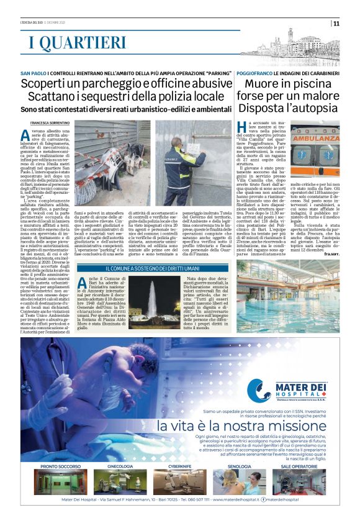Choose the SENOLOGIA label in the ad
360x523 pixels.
[239, 465]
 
